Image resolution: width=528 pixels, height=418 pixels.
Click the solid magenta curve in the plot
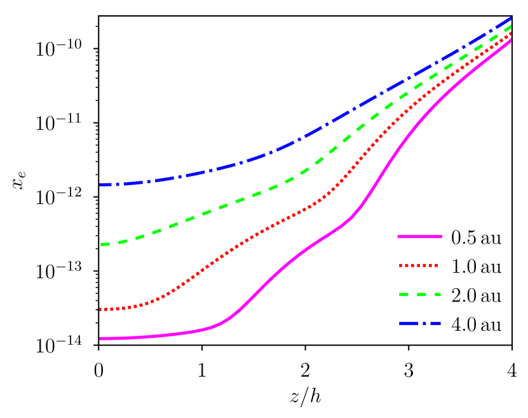pyautogui.click(x=273, y=275)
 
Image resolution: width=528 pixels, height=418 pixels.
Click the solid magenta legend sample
pyautogui.click(x=419, y=237)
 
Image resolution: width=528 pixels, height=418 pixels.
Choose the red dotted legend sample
pyautogui.click(x=419, y=265)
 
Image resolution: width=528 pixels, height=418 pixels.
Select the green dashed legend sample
pyautogui.click(x=419, y=295)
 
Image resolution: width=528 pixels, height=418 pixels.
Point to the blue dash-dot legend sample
pyautogui.click(x=419, y=323)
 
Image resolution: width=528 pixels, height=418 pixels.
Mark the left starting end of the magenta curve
pyautogui.click(x=100, y=338)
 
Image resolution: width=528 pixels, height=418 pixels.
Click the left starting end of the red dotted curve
pyautogui.click(x=100, y=309)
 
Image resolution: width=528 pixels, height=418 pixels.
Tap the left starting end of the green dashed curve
pyautogui.click(x=101, y=244)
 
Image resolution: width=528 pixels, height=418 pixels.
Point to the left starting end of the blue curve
pyautogui.click(x=100, y=185)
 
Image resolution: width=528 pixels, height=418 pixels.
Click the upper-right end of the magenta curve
pyautogui.click(x=511, y=41)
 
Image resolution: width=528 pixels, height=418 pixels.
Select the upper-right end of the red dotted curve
pyautogui.click(x=511, y=34)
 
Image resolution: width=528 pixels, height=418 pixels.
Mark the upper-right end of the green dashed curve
pyautogui.click(x=511, y=27)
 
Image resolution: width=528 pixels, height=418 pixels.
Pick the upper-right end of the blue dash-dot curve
pyautogui.click(x=511, y=18)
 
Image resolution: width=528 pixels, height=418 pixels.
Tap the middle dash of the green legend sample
pyautogui.click(x=420, y=295)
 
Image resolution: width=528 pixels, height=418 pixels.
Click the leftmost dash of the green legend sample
pyautogui.click(x=403, y=295)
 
